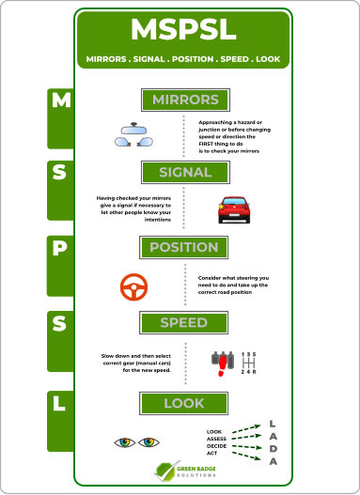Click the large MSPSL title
point(183,29)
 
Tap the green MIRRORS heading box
point(185,100)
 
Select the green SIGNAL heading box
point(185,173)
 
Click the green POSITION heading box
point(184,247)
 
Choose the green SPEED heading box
point(184,322)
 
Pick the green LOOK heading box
point(184,403)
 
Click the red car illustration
point(234,210)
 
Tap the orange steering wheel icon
point(133,287)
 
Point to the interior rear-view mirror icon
point(133,128)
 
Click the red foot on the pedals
point(223,366)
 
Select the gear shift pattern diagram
point(248,364)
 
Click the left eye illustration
point(125,442)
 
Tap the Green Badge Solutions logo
point(186,472)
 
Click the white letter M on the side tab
point(61,101)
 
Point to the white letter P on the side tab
point(59,248)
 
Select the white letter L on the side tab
point(59,403)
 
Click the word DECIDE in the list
point(216,446)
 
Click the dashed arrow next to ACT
point(246,456)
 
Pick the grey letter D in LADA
point(274,449)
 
